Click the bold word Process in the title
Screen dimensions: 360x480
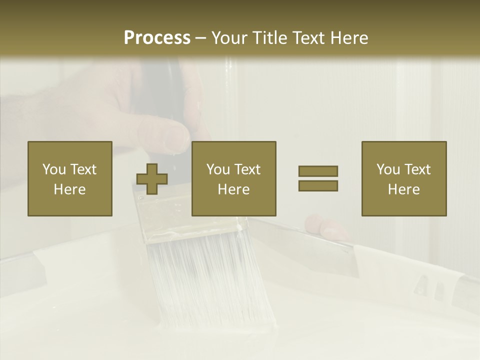pyautogui.click(x=157, y=38)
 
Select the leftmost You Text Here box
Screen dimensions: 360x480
pyautogui.click(x=70, y=178)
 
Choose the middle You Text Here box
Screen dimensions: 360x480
pyautogui.click(x=233, y=178)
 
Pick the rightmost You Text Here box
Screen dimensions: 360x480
pyautogui.click(x=403, y=178)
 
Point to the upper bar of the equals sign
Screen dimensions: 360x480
pyautogui.click(x=318, y=171)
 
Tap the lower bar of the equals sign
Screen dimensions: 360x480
pyautogui.click(x=318, y=186)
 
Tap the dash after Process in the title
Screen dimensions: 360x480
pyautogui.click(x=200, y=38)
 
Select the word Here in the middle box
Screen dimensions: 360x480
pyautogui.click(x=233, y=189)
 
